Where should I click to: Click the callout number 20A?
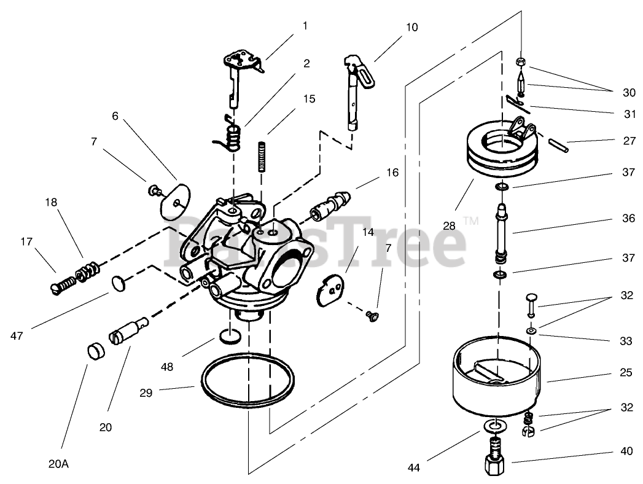(58, 464)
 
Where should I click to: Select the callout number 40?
(626, 451)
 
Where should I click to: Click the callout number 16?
(392, 173)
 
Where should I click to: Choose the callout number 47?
(17, 335)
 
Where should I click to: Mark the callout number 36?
(628, 218)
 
